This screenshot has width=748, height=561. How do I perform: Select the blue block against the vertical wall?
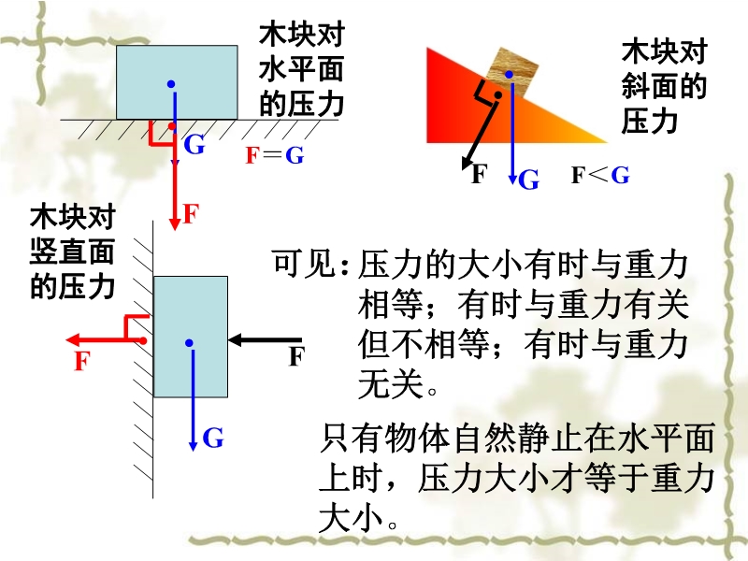[191, 337]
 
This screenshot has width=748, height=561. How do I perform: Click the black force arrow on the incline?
[482, 131]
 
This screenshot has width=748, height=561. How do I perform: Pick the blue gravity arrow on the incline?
[511, 131]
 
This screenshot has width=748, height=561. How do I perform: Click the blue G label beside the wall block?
[213, 438]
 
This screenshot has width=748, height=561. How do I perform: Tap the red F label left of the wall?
[82, 361]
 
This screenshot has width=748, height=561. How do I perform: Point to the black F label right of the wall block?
[296, 356]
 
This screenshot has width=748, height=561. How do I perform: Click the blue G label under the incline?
[529, 180]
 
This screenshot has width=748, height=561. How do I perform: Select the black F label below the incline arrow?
[479, 174]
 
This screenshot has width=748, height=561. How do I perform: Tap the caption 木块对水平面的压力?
[301, 70]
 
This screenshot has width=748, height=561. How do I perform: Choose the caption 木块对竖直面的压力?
[72, 252]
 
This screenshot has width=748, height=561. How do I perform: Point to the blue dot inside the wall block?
[190, 343]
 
